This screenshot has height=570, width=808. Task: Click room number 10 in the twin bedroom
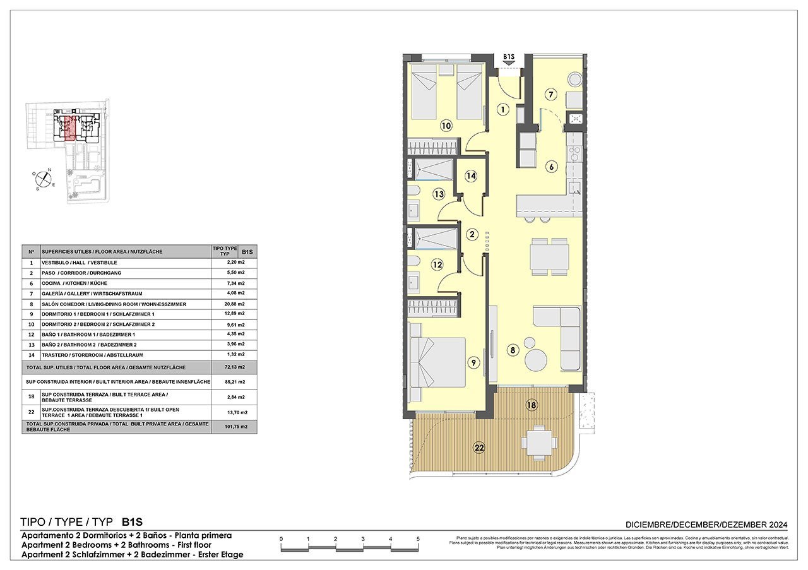(x=446, y=126)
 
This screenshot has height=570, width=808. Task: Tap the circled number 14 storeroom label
(x=470, y=177)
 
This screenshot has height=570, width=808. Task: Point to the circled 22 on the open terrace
(x=480, y=448)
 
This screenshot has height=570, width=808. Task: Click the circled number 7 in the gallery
(x=550, y=95)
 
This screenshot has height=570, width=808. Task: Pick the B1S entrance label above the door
(x=509, y=57)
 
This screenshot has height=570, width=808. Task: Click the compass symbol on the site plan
(x=44, y=179)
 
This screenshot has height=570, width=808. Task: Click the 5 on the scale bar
(x=418, y=538)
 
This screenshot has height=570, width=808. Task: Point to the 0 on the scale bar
(x=281, y=538)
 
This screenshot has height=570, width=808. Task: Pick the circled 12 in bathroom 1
(x=437, y=264)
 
